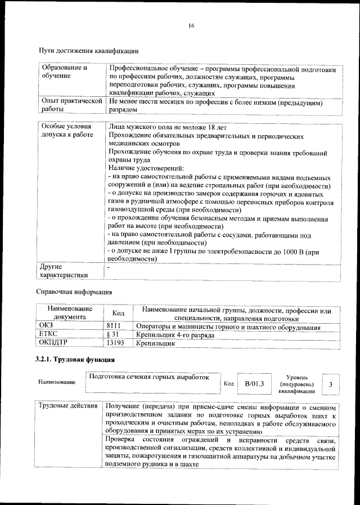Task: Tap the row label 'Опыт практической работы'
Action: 70,106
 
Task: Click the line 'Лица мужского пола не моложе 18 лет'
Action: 167,127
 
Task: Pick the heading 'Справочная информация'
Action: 74,292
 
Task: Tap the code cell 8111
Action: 115,327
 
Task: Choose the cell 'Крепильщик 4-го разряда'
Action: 174,334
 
